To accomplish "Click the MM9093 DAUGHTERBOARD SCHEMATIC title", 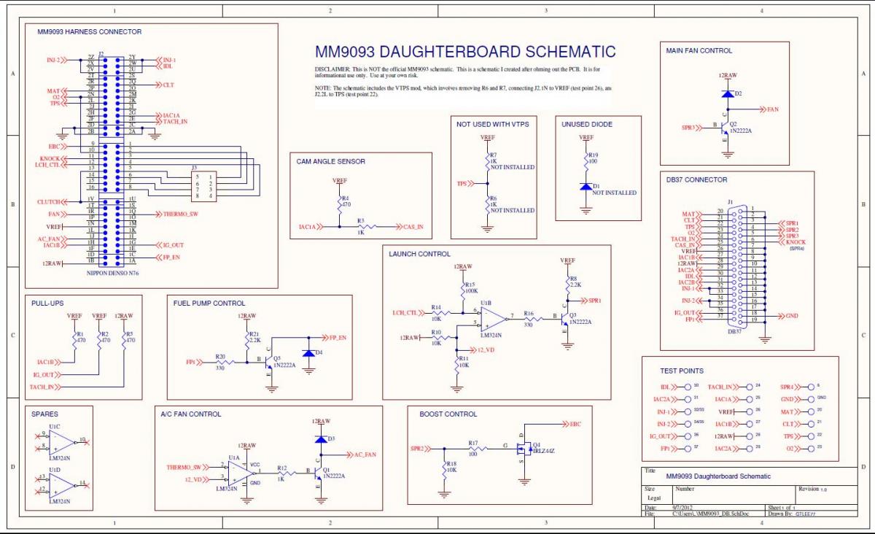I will (465, 53).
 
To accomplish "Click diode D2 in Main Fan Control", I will (727, 93).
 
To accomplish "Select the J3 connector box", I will (203, 186).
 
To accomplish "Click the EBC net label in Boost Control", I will (575, 424).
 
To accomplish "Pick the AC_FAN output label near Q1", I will (365, 454).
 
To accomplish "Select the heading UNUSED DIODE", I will (586, 124).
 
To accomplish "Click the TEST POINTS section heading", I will (682, 371).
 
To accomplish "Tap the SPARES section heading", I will (44, 414).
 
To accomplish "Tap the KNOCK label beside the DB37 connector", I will (796, 242).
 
